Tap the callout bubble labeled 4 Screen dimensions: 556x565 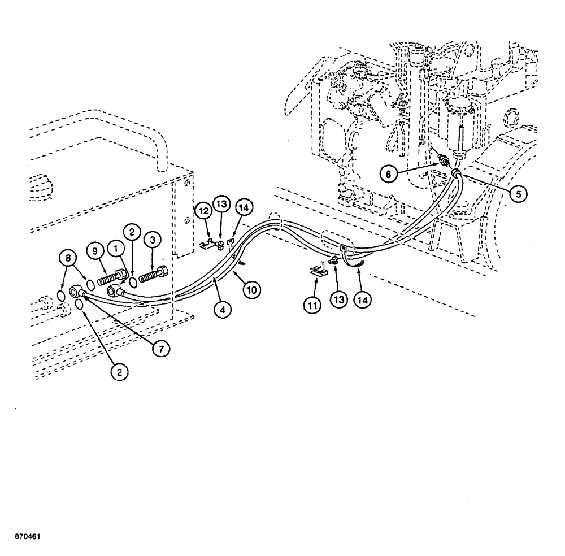[x=224, y=309]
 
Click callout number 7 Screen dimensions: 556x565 [x=160, y=349]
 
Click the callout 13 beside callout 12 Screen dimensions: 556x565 [x=221, y=203]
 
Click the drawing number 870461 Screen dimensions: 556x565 [x=27, y=535]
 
